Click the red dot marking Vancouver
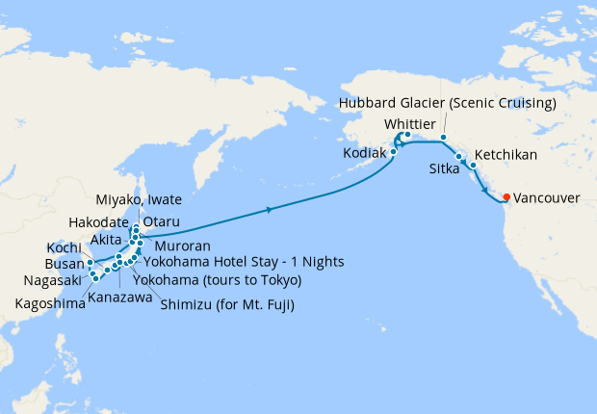click(x=507, y=198)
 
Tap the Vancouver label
click(x=547, y=198)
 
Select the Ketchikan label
click(x=506, y=154)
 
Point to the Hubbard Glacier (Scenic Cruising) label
click(x=448, y=103)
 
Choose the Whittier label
click(x=411, y=124)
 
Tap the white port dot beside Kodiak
click(x=393, y=152)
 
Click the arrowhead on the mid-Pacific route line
click(x=270, y=208)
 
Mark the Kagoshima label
click(x=49, y=303)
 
